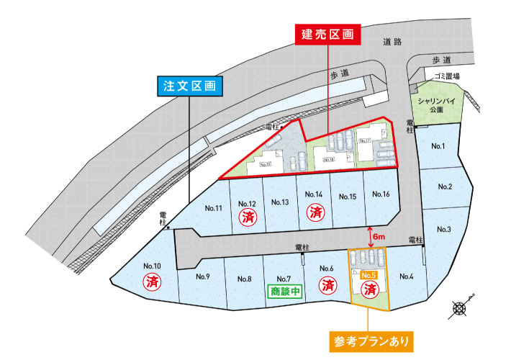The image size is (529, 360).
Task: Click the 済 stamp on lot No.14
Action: tap(315, 212)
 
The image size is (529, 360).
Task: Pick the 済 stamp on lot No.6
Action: tap(327, 285)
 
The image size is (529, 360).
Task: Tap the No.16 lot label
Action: tap(381, 195)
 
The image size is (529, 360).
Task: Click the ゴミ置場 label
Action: tap(447, 76)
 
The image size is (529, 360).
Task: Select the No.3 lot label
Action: tap(444, 230)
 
